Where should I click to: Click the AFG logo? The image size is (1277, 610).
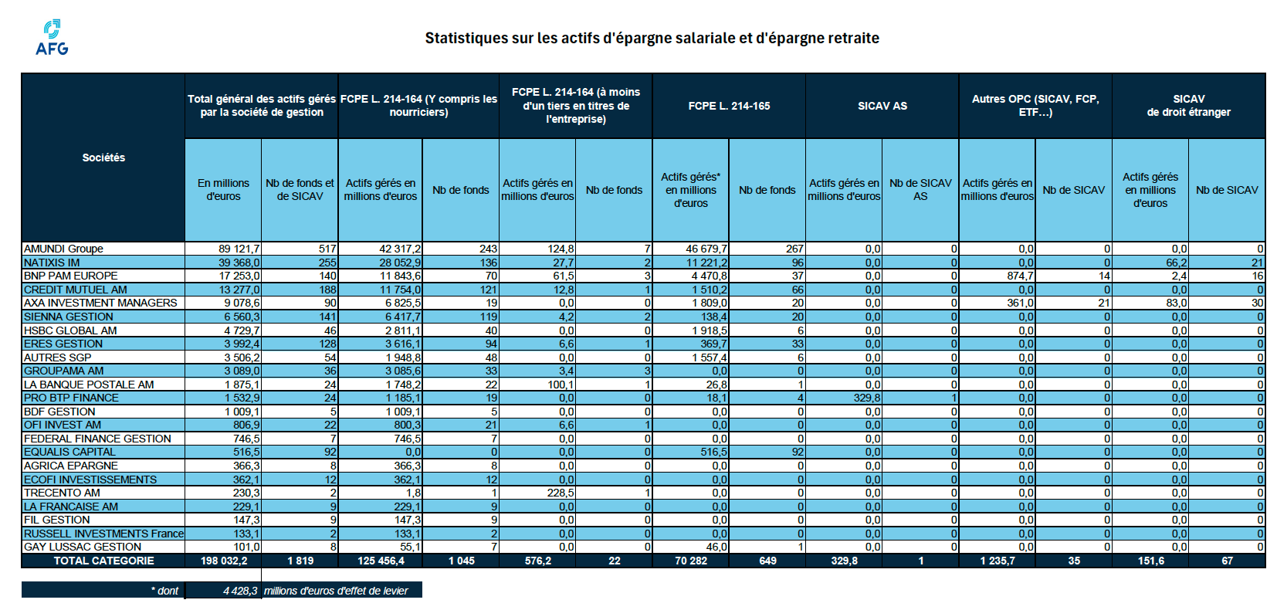[52, 38]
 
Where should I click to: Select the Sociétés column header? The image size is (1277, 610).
[103, 158]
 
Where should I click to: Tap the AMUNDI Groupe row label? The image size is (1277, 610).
[63, 249]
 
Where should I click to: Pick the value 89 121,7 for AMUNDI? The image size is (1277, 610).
[239, 249]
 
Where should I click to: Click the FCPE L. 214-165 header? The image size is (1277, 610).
[729, 106]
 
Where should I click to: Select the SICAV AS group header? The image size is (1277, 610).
[882, 106]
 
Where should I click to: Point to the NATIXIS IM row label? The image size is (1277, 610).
[52, 263]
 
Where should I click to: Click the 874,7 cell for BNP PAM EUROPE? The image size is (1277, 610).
[1020, 276]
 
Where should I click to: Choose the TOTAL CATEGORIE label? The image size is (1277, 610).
[103, 561]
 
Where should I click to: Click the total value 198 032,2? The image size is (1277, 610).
[224, 561]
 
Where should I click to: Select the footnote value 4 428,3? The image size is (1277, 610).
[239, 591]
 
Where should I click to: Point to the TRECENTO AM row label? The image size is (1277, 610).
[62, 493]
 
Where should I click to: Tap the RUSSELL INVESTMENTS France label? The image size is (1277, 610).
[103, 534]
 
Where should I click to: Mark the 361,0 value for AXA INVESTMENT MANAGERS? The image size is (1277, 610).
[1020, 303]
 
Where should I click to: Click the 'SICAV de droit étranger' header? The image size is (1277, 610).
[1188, 106]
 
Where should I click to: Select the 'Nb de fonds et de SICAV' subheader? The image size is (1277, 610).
[300, 190]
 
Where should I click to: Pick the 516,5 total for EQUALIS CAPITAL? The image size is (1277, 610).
[246, 452]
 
